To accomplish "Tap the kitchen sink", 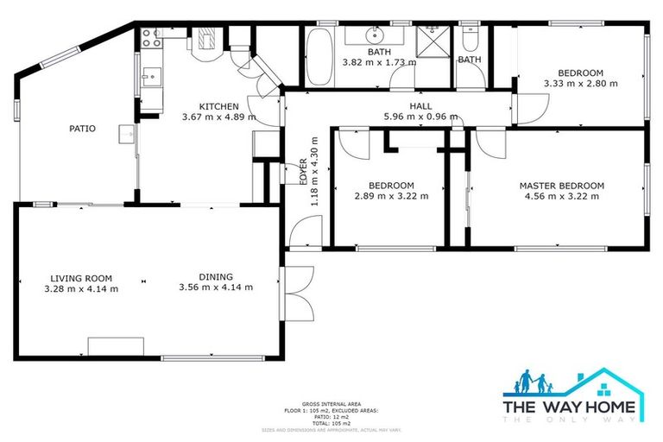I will [148, 79].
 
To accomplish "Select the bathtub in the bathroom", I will [319, 54].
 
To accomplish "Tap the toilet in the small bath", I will [470, 41].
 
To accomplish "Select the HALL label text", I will [420, 106].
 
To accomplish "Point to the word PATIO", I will [82, 129].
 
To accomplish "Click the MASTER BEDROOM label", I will [561, 186].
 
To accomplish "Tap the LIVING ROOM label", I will [81, 278].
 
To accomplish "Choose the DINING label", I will [216, 277].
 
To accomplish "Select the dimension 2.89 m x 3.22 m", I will [391, 196].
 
